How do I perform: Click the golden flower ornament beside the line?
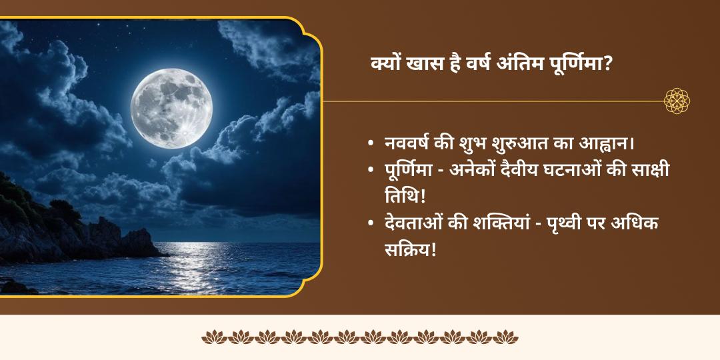coord(677,101)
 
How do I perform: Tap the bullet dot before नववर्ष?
coord(371,145)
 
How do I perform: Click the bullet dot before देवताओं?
coord(371,225)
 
